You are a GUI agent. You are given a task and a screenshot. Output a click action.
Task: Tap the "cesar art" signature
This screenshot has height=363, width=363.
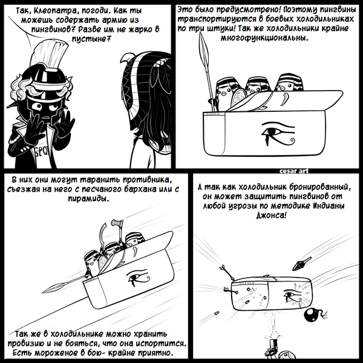[x=294, y=171]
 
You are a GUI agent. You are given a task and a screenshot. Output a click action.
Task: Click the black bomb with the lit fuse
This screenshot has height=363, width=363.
[x=312, y=315]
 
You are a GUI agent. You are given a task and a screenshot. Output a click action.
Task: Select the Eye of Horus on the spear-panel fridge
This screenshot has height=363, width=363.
[x=278, y=132]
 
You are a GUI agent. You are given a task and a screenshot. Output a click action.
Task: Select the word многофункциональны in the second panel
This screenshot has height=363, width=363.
[x=264, y=38]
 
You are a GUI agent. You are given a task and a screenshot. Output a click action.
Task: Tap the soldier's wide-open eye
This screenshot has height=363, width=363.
[x=38, y=106]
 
